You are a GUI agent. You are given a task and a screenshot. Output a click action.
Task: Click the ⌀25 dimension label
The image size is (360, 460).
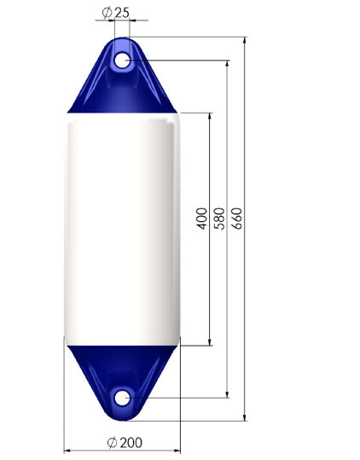tap(115, 13)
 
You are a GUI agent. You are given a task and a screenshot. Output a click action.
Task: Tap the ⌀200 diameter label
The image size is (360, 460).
tap(125, 443)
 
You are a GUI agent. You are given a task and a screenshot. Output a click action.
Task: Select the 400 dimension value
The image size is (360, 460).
tap(201, 218)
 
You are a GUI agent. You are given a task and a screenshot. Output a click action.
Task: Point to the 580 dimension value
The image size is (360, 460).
tap(219, 218)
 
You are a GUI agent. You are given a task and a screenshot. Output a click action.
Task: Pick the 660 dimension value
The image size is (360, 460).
tap(237, 218)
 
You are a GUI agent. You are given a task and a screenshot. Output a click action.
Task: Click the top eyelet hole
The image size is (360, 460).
tap(122, 60)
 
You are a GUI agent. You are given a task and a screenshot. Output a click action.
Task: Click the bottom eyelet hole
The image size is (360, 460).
tap(122, 398)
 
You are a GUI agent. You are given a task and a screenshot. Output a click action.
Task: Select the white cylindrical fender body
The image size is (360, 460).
tap(122, 230)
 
